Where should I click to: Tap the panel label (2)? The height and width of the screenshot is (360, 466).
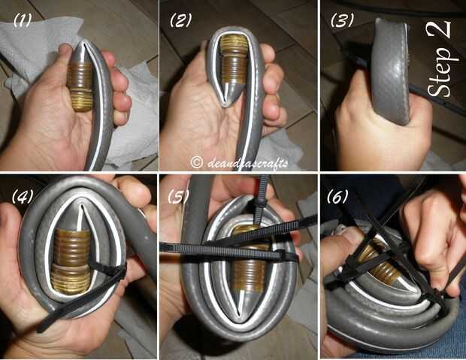pyautogui.click(x=180, y=20)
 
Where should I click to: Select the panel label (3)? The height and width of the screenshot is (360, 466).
pyautogui.click(x=343, y=20)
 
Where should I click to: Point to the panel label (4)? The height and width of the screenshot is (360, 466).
pyautogui.click(x=22, y=196)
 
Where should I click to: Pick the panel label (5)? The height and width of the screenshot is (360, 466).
pyautogui.click(x=178, y=196)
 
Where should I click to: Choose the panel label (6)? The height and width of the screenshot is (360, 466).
pyautogui.click(x=337, y=196)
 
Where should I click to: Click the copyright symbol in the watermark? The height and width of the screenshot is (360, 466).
pyautogui.click(x=196, y=162)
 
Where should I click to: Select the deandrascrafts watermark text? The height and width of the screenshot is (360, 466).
pyautogui.click(x=248, y=163)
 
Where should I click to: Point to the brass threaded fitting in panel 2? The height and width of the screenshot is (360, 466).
pyautogui.click(x=235, y=59)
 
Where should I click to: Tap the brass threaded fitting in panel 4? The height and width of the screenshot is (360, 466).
pyautogui.click(x=71, y=260)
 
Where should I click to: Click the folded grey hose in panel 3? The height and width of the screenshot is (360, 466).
pyautogui.click(x=390, y=71)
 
